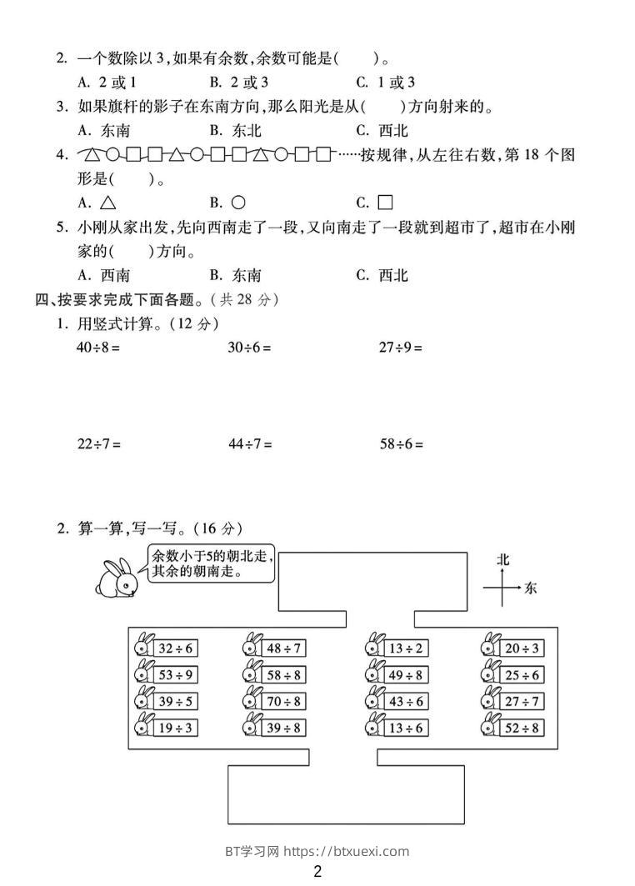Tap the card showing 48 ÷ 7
coord(284,648)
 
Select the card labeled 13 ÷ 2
coord(406,648)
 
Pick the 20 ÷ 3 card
coord(522,648)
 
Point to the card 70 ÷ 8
coord(284,701)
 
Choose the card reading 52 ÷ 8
coord(522,728)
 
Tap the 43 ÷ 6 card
coord(406,701)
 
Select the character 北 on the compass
coord(502,559)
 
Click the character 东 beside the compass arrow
coord(531,588)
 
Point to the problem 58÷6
coord(402,444)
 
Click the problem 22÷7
coord(98,444)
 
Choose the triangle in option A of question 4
coord(107,203)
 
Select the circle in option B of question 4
coord(237,203)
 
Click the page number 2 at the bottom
coord(317,872)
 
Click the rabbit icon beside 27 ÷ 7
coord(490,701)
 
